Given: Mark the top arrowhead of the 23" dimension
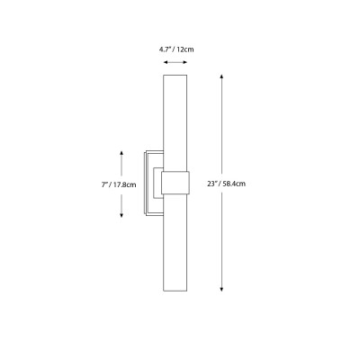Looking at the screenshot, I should (222, 79).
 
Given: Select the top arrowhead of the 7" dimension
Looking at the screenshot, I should (122, 150).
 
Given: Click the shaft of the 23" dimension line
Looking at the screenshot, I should (222, 135).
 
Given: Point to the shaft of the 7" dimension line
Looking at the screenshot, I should (122, 166).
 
